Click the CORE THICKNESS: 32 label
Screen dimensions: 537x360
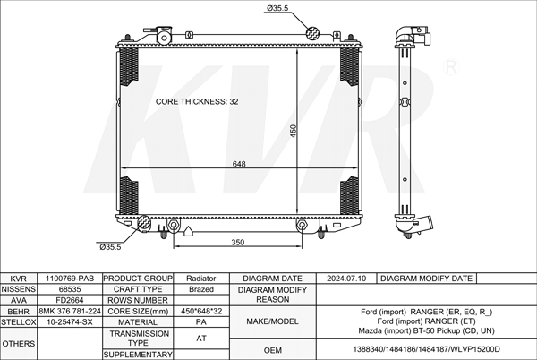pos(197,102)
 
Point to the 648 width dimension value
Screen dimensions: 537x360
pos(239,164)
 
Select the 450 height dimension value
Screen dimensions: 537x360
pos(294,131)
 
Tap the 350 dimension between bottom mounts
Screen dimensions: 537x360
pos(238,243)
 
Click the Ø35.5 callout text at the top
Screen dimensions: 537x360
pos(277,8)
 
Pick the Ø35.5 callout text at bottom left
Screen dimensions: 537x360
pos(110,247)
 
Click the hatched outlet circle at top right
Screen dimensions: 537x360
pos(312,33)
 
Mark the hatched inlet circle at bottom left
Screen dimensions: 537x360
pos(144,223)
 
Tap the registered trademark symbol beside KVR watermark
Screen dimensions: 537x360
pos(451,67)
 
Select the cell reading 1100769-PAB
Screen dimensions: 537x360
pos(70,279)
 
